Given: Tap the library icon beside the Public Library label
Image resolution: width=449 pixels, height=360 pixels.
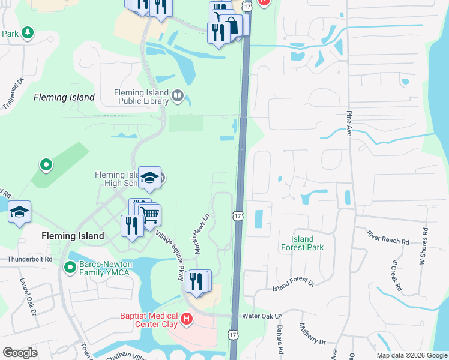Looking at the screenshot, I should point(177,95).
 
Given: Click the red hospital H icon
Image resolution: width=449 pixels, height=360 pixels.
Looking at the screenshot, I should point(187,317).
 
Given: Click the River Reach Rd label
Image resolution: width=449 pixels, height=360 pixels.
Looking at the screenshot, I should point(388,238).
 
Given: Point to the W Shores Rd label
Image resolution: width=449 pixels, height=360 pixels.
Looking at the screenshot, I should point(424,245).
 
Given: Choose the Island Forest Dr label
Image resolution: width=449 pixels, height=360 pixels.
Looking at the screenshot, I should point(293,284).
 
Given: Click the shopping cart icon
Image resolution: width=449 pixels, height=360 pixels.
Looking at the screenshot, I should point(149,214).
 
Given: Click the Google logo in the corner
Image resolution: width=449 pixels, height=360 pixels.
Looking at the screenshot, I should point(20,353).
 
